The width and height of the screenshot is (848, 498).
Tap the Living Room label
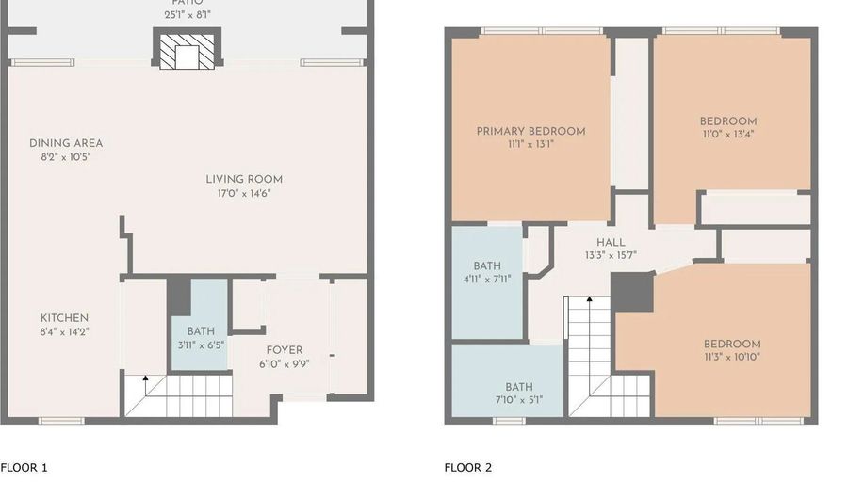pyautogui.click(x=244, y=179)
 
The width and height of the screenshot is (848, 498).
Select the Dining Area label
pyautogui.click(x=66, y=143)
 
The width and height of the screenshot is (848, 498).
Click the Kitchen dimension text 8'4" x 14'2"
pyautogui.click(x=64, y=331)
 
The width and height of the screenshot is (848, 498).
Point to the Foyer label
pyautogui.click(x=285, y=350)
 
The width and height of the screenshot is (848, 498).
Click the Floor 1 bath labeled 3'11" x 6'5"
pyautogui.click(x=200, y=344)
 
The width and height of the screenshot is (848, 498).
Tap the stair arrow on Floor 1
pyautogui.click(x=145, y=379)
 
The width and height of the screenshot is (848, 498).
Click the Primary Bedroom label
pyautogui.click(x=530, y=131)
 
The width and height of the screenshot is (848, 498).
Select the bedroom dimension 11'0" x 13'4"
pyautogui.click(x=727, y=135)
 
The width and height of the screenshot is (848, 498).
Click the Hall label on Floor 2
pyautogui.click(x=611, y=242)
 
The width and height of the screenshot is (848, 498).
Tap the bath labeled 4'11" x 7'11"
pyautogui.click(x=487, y=279)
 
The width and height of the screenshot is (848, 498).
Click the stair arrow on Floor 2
pyautogui.click(x=590, y=302)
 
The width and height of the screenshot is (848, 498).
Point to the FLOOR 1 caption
pyautogui.click(x=24, y=467)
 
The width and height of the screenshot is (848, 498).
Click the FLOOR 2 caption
pyautogui.click(x=468, y=467)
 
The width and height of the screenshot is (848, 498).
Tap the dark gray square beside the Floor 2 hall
pyautogui.click(x=632, y=292)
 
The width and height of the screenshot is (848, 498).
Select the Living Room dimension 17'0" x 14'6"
pyautogui.click(x=244, y=193)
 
